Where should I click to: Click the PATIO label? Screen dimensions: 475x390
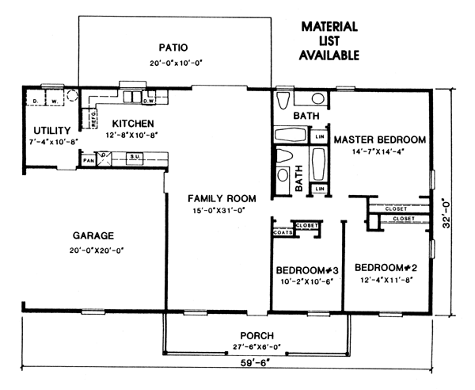pyautogui.click(x=173, y=48)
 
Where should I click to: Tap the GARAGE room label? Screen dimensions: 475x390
pyautogui.click(x=93, y=235)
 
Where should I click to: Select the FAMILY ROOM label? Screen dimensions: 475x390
pyautogui.click(x=222, y=199)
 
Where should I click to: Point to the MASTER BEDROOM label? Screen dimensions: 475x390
pyautogui.click(x=380, y=140)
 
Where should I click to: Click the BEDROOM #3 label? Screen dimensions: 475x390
pyautogui.click(x=307, y=270)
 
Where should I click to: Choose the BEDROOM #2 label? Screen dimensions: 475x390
pyautogui.click(x=386, y=268)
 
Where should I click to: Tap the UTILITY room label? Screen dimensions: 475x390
pyautogui.click(x=52, y=131)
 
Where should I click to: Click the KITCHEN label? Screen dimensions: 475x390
pyautogui.click(x=133, y=124)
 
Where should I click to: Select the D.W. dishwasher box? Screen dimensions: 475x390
pyautogui.click(x=149, y=101)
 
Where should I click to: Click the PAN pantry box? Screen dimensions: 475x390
pyautogui.click(x=89, y=160)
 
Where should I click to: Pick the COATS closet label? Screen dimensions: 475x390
pyautogui.click(x=283, y=232)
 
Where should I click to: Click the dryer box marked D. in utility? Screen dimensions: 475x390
pyautogui.click(x=36, y=97)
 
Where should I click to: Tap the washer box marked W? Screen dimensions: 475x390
pyautogui.click(x=55, y=97)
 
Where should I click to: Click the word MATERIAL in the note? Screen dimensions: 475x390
pyautogui.click(x=329, y=27)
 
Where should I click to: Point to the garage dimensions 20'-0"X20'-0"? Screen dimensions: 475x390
pyautogui.click(x=97, y=250)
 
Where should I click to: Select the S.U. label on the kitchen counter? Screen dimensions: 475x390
pyautogui.click(x=135, y=157)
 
